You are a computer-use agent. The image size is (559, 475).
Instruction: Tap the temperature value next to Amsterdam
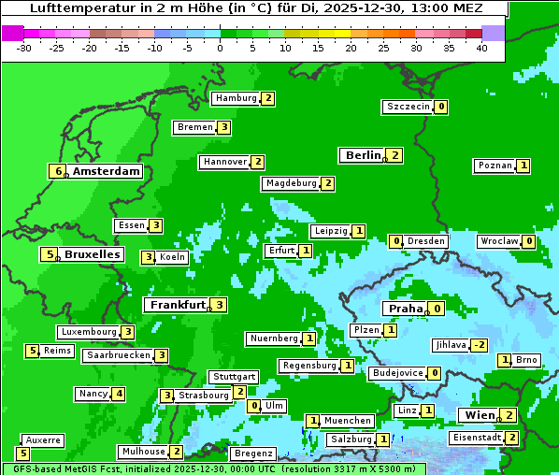tap(58, 171)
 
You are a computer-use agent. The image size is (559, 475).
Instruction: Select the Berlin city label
tap(363, 155)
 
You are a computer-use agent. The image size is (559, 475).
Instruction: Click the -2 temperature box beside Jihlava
tap(479, 345)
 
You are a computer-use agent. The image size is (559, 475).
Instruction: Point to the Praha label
tap(406, 309)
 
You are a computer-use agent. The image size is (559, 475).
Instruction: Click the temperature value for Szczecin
tap(441, 107)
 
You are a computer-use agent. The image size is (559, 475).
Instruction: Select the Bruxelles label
tap(92, 254)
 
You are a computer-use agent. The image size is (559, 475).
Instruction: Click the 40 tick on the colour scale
tap(481, 48)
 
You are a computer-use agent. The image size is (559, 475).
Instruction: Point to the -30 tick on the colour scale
tap(24, 48)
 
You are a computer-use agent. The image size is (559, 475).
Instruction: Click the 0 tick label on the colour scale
tap(220, 48)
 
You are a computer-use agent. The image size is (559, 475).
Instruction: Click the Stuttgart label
tap(234, 377)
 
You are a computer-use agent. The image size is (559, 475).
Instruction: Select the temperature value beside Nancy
tap(118, 394)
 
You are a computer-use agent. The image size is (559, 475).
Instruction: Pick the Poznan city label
tap(494, 166)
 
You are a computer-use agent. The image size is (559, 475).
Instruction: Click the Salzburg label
tap(351, 439)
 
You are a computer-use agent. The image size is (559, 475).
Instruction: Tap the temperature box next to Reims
tap(32, 351)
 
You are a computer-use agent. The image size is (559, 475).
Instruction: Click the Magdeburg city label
tap(291, 183)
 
